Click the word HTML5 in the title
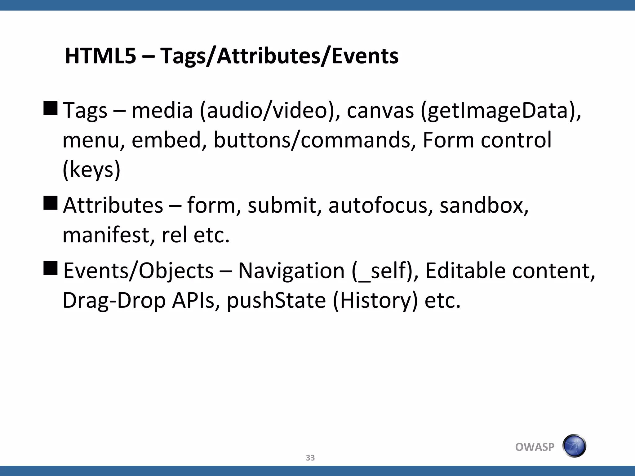pyautogui.click(x=100, y=56)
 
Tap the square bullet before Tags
pyautogui.click(x=51, y=108)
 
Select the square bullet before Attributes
pyautogui.click(x=51, y=203)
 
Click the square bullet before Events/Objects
pyautogui.click(x=51, y=268)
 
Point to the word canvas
pyautogui.click(x=380, y=111)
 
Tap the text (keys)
pyautogui.click(x=91, y=170)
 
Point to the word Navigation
pyautogui.click(x=291, y=271)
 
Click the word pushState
pyautogui.click(x=276, y=301)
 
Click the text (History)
pyautogui.click(x=375, y=301)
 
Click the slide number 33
pyautogui.click(x=310, y=458)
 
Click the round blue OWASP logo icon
pyautogui.click(x=574, y=446)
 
